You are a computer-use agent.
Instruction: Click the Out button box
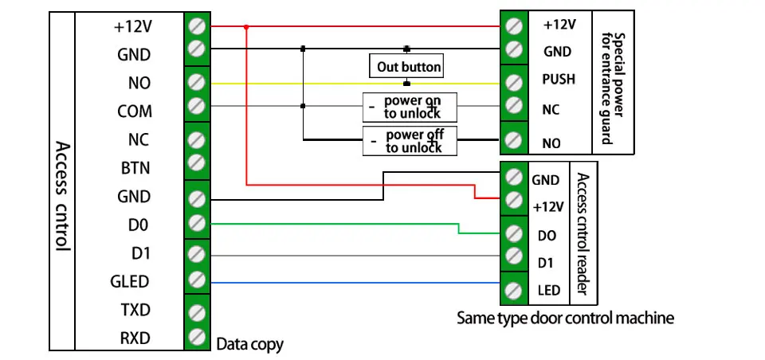click(406, 66)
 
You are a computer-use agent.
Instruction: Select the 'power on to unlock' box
click(410, 108)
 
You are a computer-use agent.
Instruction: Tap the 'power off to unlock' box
click(410, 141)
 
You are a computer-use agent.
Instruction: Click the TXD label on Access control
click(135, 310)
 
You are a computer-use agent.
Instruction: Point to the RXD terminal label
click(135, 338)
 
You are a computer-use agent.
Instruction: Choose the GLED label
click(130, 281)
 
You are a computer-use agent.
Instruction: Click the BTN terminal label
click(135, 168)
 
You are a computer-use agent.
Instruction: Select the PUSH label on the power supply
click(559, 79)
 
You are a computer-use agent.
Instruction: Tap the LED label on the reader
click(549, 291)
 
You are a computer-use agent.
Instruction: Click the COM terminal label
click(134, 112)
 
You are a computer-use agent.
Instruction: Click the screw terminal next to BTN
click(197, 162)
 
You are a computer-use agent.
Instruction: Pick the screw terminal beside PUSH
click(514, 83)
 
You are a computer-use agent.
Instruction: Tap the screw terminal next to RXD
click(197, 336)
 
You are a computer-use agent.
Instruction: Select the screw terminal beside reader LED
click(514, 290)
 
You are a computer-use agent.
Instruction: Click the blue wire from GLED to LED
click(355, 283)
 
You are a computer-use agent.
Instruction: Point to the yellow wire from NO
click(355, 84)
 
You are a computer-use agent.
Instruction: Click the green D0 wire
click(355, 224)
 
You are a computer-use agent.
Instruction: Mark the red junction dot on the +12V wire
click(246, 27)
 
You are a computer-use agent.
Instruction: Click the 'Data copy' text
click(249, 344)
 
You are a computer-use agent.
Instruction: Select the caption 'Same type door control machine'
click(565, 318)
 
